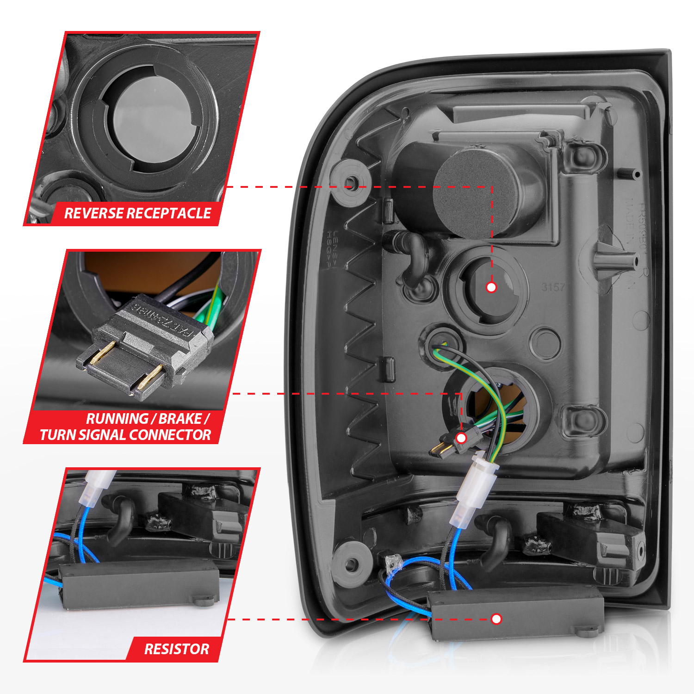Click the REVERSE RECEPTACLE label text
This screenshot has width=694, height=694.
pos(137,213)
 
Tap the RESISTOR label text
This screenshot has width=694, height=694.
pos(176,649)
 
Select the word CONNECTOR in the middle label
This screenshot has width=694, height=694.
pos(169,435)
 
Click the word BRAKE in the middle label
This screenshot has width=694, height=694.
pos(180,419)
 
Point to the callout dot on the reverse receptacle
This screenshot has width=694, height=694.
pos(491,287)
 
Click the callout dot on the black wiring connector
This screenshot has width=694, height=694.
pos(461,438)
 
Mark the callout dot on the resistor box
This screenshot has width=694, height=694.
pos(496,619)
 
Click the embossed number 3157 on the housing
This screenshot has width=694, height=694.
pos(553,287)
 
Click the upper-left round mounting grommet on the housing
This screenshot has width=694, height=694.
pos(351,183)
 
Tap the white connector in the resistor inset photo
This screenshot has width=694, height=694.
pos(96,488)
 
